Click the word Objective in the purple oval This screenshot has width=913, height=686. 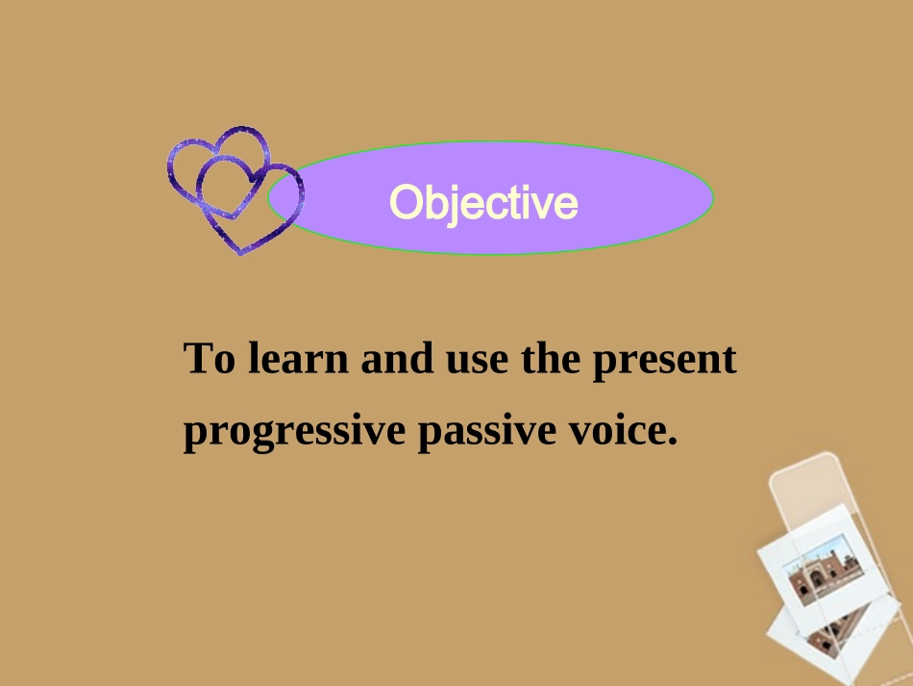(x=483, y=203)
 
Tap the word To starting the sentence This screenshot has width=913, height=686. (x=210, y=358)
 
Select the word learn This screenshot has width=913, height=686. (x=298, y=358)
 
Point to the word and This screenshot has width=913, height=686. (x=397, y=358)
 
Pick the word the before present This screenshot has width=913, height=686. (x=551, y=358)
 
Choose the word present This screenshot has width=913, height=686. (x=664, y=362)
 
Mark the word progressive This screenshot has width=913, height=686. (x=294, y=431)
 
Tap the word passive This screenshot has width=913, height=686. (x=487, y=431)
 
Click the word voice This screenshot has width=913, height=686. (x=617, y=429)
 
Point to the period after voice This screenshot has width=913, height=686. (x=673, y=442)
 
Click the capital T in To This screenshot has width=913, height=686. (x=196, y=358)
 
